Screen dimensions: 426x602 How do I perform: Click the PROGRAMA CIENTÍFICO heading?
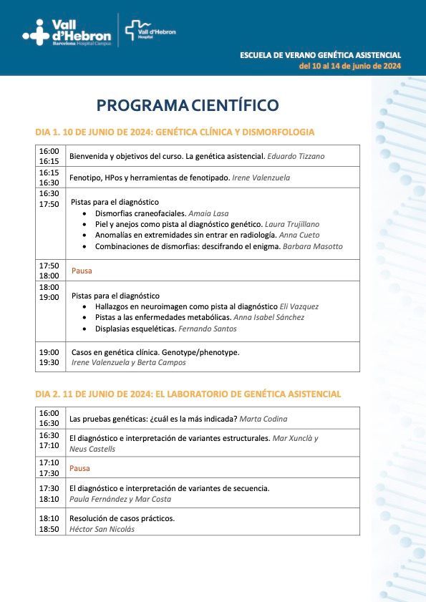coord(188,106)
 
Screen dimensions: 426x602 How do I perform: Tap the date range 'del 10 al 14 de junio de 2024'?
coord(350,66)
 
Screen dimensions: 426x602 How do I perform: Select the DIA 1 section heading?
coord(175,132)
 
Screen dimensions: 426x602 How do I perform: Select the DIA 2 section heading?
coord(188,394)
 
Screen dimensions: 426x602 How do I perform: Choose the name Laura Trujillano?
coord(292,224)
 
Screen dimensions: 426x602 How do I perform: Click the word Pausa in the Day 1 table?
coord(82,271)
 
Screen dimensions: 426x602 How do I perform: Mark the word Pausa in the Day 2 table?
coord(79,468)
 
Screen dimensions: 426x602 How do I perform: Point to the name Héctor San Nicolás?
coord(102,529)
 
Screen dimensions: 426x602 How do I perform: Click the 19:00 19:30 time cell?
coord(49,357)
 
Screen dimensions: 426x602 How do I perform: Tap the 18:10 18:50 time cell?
coord(49,523)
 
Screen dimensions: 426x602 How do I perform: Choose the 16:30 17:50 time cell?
coord(49,198)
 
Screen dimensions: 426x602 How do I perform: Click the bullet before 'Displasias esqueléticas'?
coord(87,329)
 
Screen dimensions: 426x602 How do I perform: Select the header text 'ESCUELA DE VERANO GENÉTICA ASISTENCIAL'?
coord(320,55)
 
